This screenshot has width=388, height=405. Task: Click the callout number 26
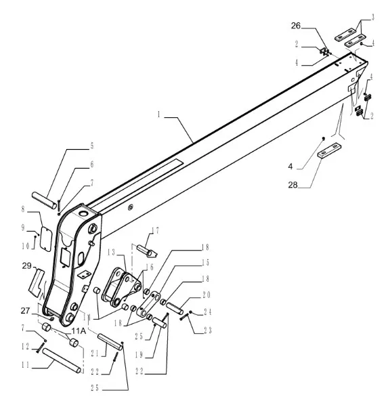click(296, 26)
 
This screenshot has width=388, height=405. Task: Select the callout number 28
click(293, 185)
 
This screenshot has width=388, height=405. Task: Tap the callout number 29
click(26, 265)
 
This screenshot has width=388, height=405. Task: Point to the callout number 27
click(25, 311)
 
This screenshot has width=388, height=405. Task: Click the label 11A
click(79, 331)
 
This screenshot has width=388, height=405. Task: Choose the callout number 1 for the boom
click(159, 114)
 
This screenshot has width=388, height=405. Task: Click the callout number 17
click(155, 230)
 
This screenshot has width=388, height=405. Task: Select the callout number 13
click(111, 253)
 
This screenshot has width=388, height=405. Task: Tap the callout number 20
click(207, 295)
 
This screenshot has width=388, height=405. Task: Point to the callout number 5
click(92, 146)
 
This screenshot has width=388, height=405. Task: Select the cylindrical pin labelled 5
click(44, 200)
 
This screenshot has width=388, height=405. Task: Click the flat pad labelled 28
click(330, 150)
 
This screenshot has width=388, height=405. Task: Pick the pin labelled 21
click(110, 341)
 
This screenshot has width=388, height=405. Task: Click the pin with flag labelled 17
click(147, 251)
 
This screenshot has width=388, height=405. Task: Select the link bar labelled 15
click(150, 304)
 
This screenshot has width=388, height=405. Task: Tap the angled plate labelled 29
click(37, 282)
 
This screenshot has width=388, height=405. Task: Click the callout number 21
click(95, 354)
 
